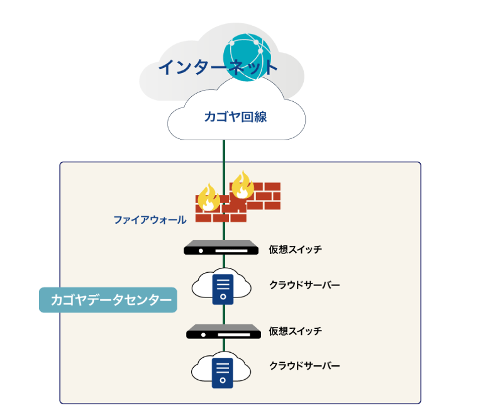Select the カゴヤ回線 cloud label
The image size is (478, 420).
coord(236,117)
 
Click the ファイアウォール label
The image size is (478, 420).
coord(150,220)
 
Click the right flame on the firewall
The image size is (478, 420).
coord(242,184)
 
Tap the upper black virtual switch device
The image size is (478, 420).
coord(221,248)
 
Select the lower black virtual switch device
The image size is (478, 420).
coord(223,331)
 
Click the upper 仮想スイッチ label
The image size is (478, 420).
coord(295,250)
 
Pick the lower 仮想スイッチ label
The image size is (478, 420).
coord(295,331)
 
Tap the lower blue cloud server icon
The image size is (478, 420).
coord(223,372)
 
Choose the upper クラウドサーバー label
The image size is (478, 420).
coord(304,285)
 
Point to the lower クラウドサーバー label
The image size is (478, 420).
coord(304,365)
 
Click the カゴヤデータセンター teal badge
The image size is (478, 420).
coord(108,301)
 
